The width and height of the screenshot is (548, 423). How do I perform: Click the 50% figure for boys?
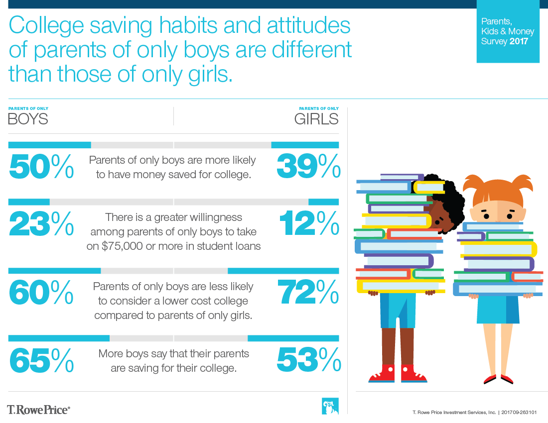(41, 166)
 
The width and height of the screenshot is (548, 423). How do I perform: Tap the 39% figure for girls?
(309, 166)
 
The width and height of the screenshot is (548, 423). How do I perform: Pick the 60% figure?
(41, 293)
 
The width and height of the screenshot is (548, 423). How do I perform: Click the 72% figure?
(309, 293)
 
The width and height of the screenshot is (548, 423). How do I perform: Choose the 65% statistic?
(41, 360)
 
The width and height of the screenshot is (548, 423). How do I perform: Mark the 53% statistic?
(309, 360)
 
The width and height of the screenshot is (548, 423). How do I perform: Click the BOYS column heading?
(28, 119)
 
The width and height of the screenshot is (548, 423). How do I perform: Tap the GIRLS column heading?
(316, 119)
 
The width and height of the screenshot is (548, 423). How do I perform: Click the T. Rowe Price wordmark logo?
(38, 409)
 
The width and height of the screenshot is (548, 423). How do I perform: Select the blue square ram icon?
(330, 406)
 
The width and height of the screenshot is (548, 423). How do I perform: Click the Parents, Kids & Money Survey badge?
(508, 31)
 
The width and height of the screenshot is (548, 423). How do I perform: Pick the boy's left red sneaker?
(381, 374)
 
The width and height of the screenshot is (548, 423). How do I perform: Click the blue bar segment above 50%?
(50, 145)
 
